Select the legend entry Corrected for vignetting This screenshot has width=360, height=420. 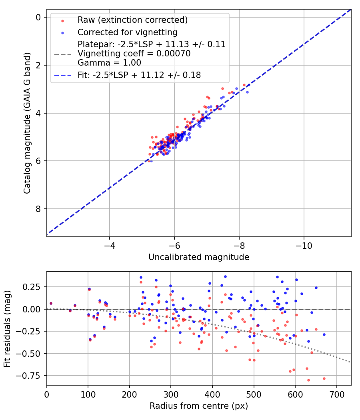128,32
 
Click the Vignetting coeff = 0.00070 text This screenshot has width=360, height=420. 134,54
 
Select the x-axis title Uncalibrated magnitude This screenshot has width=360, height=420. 199,257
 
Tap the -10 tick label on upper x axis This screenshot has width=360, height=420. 304,244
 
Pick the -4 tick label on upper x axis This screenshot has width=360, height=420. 110,244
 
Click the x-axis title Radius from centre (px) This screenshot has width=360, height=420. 199,406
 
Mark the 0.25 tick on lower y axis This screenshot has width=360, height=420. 33,287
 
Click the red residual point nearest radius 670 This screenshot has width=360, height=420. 324,378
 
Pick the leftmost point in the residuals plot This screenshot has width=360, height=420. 51,304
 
